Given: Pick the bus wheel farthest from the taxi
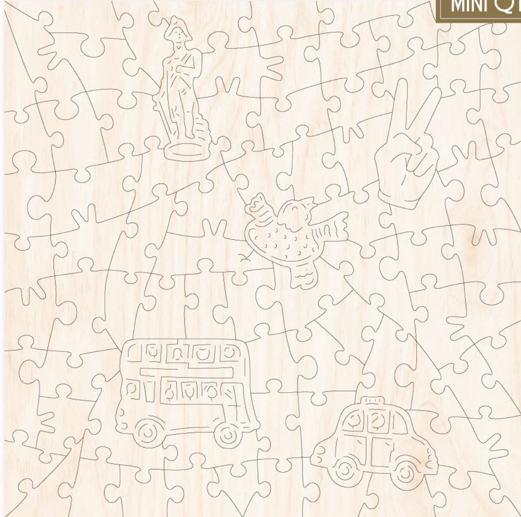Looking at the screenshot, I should (x=148, y=431).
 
